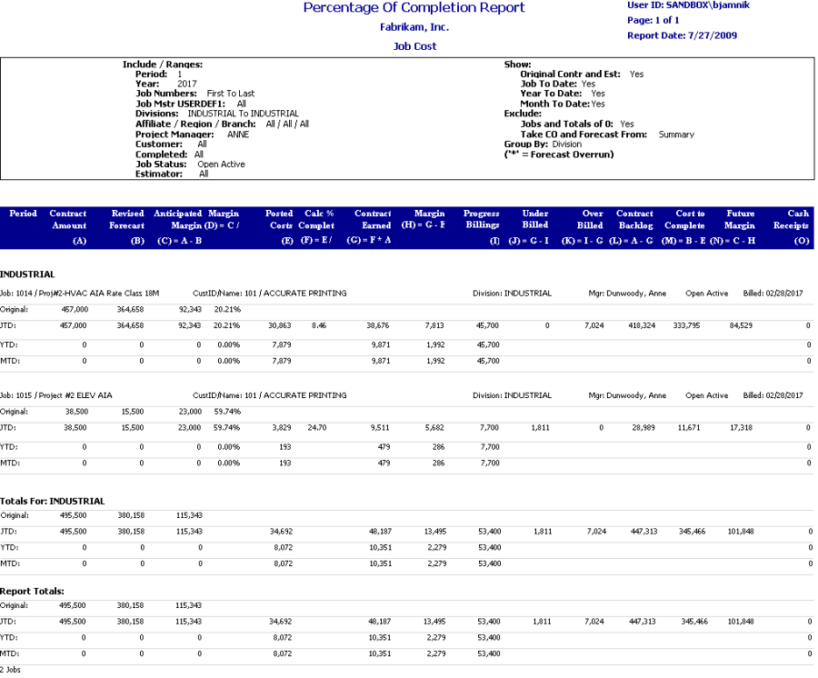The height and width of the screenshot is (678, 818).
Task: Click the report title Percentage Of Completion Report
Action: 414,8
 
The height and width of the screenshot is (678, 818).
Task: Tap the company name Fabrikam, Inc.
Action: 414,27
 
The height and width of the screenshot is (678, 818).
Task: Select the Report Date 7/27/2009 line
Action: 682,35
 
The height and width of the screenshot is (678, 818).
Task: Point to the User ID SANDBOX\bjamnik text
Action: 688,5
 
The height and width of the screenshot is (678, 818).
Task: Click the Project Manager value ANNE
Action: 238,135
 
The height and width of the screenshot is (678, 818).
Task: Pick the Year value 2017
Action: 187,84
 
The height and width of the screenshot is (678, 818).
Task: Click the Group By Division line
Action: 543,144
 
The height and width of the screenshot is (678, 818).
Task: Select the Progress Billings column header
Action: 481,219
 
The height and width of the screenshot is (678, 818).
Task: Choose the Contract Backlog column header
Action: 635,219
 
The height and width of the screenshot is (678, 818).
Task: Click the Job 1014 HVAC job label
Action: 80,294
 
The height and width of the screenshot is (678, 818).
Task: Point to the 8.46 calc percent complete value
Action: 318,324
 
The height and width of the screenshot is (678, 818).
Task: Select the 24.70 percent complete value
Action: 317,426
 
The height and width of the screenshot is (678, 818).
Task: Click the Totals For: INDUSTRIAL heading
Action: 53,501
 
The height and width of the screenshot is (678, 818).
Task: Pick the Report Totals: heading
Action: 32,591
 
